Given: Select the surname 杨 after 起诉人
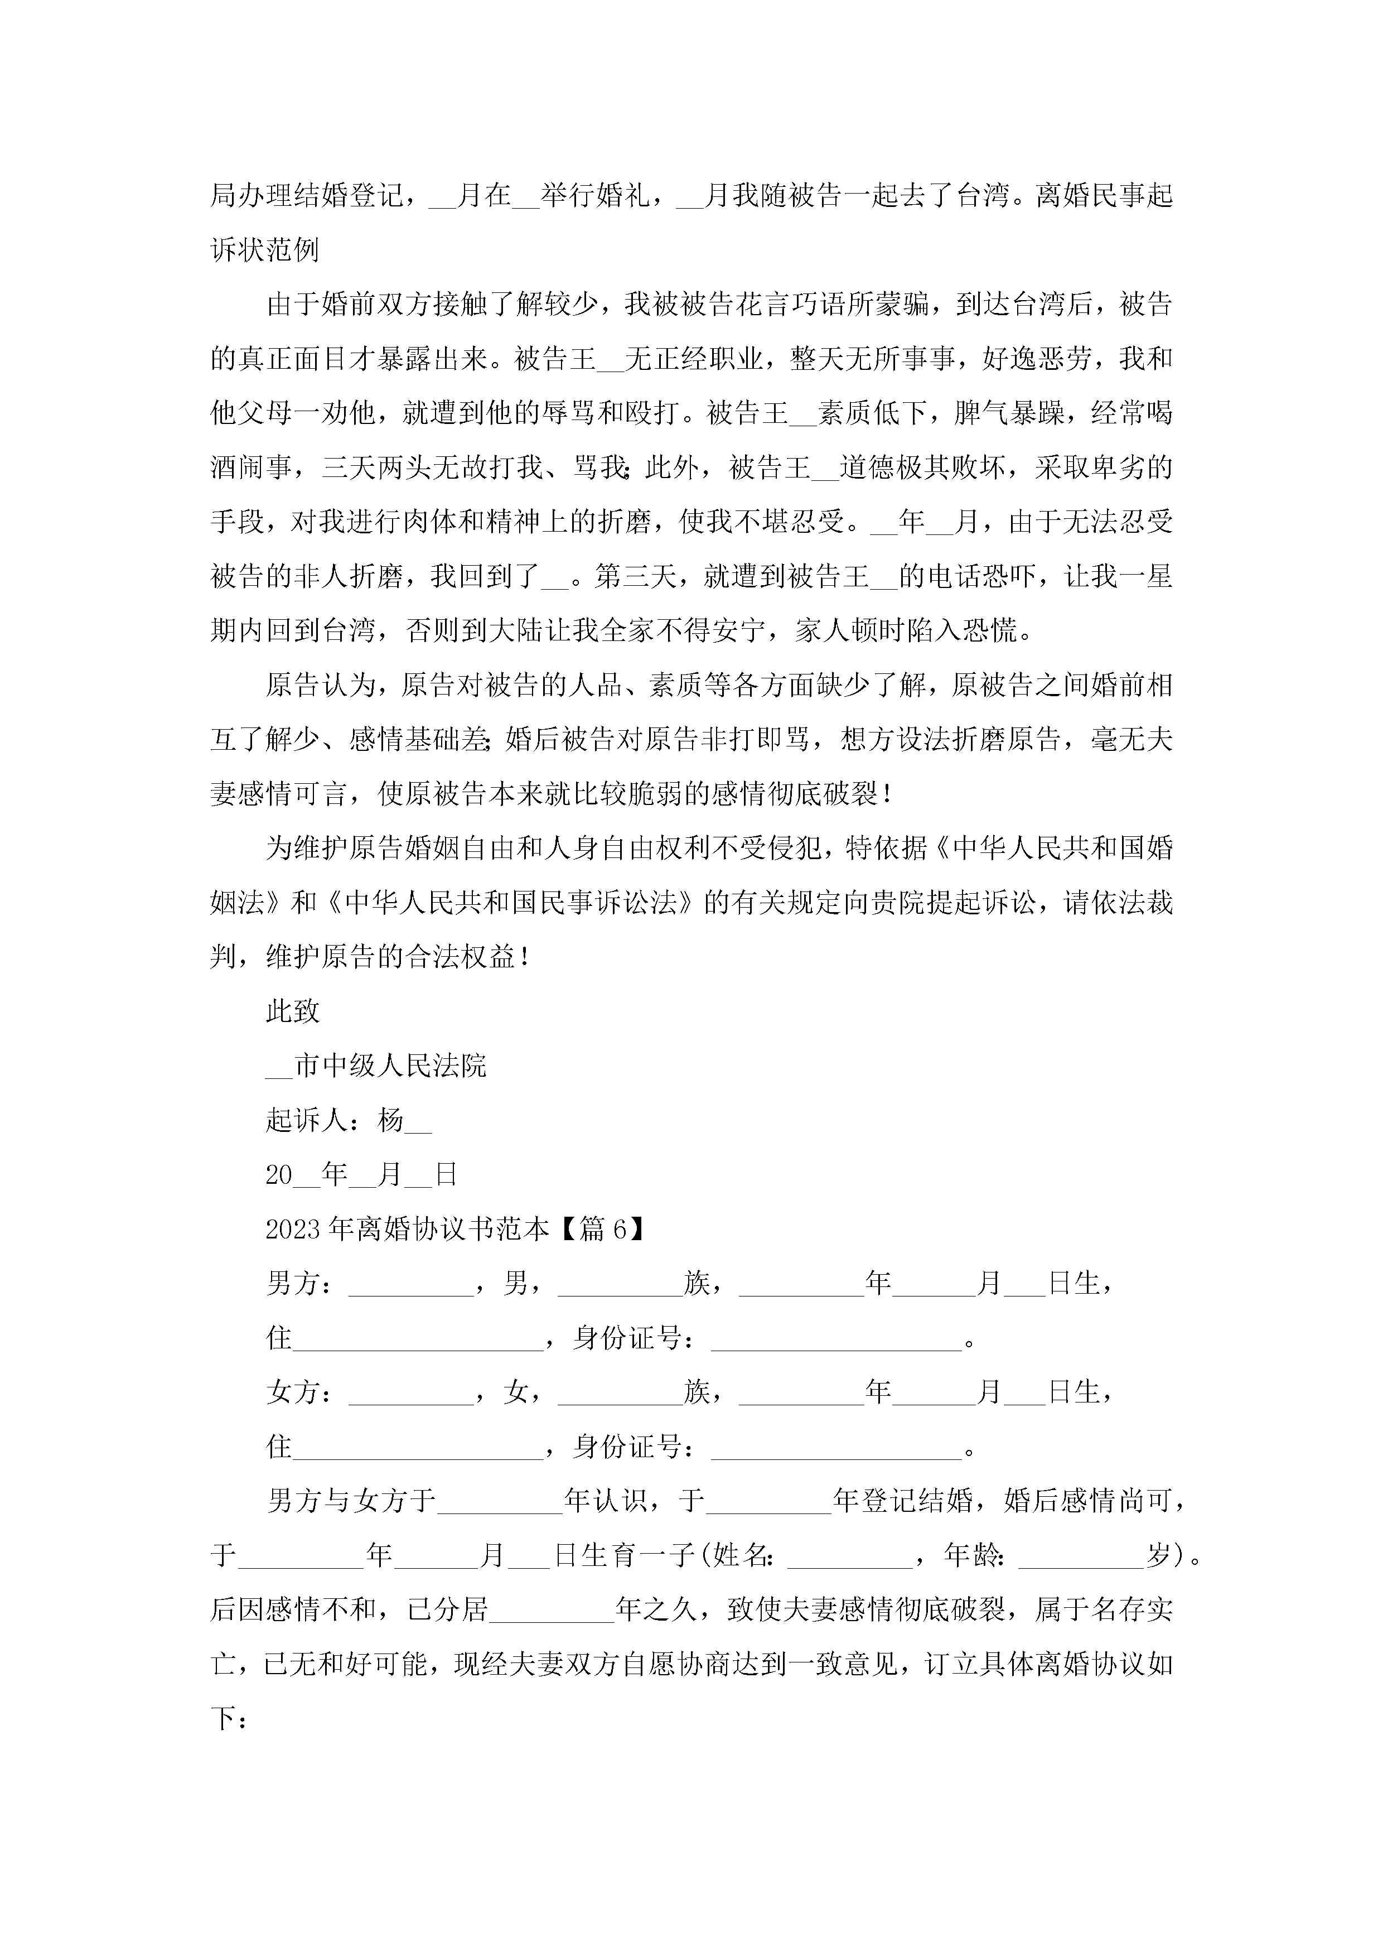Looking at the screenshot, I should click(x=390, y=1120).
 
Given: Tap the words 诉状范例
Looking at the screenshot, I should click(x=264, y=250).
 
